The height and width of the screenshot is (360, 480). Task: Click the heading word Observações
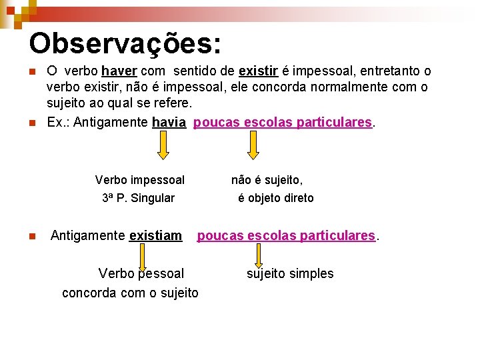[125, 44]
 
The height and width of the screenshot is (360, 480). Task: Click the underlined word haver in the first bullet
[119, 71]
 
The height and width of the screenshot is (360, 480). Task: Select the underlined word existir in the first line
[257, 71]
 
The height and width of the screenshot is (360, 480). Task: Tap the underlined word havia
[169, 123]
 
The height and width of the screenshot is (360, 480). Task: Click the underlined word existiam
[155, 235]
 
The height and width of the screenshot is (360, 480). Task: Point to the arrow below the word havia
[163, 145]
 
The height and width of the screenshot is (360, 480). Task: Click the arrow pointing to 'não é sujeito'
[253, 145]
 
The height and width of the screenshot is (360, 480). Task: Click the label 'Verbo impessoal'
[140, 180]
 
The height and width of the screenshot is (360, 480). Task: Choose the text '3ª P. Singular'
[138, 198]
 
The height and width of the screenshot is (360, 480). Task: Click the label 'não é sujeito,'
[267, 180]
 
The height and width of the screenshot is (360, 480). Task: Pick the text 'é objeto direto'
[276, 198]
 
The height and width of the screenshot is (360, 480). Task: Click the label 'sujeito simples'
[290, 273]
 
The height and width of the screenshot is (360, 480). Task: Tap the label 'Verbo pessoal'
[141, 273]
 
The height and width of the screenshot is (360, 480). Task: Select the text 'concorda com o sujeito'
[130, 293]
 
